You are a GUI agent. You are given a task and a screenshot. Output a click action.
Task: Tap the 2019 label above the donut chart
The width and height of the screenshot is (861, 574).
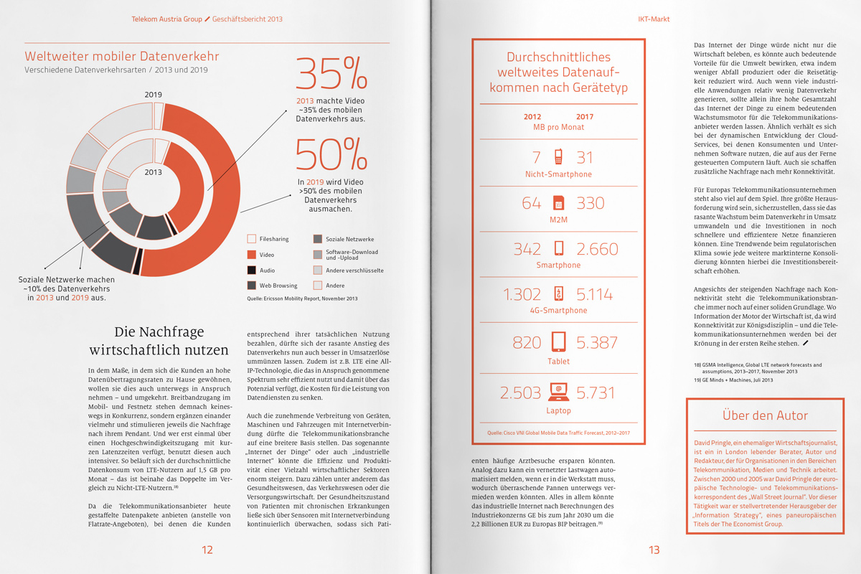point(153,95)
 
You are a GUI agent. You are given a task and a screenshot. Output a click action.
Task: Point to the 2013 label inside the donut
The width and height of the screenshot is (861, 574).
point(153,172)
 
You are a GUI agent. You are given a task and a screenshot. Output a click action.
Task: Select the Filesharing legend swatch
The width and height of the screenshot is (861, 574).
point(251,239)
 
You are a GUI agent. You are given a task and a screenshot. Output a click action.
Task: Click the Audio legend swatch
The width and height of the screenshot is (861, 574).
point(251,270)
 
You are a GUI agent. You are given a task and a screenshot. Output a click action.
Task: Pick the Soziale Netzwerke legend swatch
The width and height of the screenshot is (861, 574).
point(318,239)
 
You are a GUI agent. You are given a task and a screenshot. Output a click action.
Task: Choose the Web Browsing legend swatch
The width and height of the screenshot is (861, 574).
point(251,286)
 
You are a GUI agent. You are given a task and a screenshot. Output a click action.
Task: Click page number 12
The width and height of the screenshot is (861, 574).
point(207,550)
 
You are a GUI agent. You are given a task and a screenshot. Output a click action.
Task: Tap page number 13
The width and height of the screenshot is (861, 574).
point(654,550)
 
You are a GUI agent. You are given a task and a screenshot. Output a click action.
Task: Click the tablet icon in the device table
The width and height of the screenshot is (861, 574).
point(559,342)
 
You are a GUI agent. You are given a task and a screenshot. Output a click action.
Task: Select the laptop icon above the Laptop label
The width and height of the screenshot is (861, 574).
point(559,392)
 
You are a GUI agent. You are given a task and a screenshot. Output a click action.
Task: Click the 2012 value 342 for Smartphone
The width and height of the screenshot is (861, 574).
point(527,249)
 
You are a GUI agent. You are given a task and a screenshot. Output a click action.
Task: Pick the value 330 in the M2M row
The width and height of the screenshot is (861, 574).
point(591,203)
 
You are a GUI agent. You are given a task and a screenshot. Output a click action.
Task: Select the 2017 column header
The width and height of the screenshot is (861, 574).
point(585,116)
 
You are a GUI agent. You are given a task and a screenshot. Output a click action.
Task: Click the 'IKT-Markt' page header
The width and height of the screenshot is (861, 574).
point(653,19)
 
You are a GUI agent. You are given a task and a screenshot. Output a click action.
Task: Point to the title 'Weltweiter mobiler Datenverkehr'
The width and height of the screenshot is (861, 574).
point(122,56)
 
